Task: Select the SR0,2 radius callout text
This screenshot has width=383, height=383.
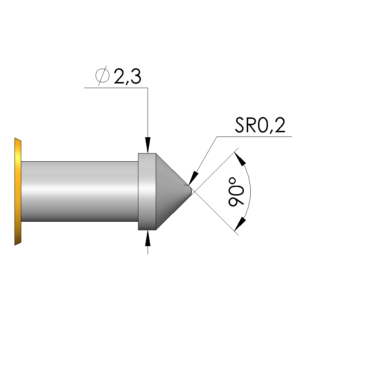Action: [x=260, y=125]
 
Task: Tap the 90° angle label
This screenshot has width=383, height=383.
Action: [x=236, y=192]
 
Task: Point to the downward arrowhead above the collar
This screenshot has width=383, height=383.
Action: [x=148, y=145]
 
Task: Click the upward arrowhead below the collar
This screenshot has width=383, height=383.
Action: [x=148, y=238]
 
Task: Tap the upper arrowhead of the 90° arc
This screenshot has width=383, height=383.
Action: [x=240, y=159]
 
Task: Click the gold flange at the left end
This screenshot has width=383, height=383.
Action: [x=18, y=192]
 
